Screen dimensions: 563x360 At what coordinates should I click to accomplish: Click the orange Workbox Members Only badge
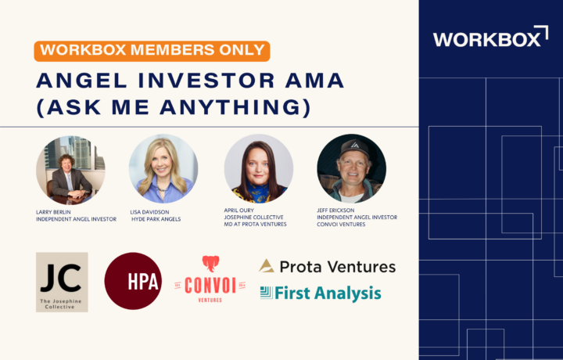point(152,51)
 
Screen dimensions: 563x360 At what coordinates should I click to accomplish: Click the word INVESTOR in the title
point(206,81)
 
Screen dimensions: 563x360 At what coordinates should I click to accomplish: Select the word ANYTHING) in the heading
point(235,107)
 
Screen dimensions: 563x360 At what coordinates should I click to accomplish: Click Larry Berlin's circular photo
point(70,170)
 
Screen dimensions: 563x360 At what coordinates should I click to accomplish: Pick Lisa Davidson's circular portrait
point(163,169)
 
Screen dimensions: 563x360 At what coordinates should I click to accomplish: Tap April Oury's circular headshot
point(259,168)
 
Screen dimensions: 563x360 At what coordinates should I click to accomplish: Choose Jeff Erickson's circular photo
point(352,168)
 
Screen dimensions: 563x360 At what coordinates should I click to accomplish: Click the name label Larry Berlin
point(53,212)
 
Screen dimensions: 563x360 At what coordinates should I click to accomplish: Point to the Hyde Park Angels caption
point(156,219)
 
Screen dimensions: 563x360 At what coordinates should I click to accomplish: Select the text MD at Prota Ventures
point(255,224)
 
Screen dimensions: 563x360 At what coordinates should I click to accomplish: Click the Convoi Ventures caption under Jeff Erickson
point(341,224)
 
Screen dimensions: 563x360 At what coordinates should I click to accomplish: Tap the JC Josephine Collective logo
point(62,282)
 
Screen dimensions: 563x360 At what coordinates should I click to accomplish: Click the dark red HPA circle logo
point(133,281)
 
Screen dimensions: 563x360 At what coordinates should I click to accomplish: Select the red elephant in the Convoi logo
point(211,263)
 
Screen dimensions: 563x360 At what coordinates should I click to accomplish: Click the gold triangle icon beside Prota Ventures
point(267,266)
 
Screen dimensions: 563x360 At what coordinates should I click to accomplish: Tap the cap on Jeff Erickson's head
point(354,147)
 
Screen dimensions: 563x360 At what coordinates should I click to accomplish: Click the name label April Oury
point(238,211)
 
